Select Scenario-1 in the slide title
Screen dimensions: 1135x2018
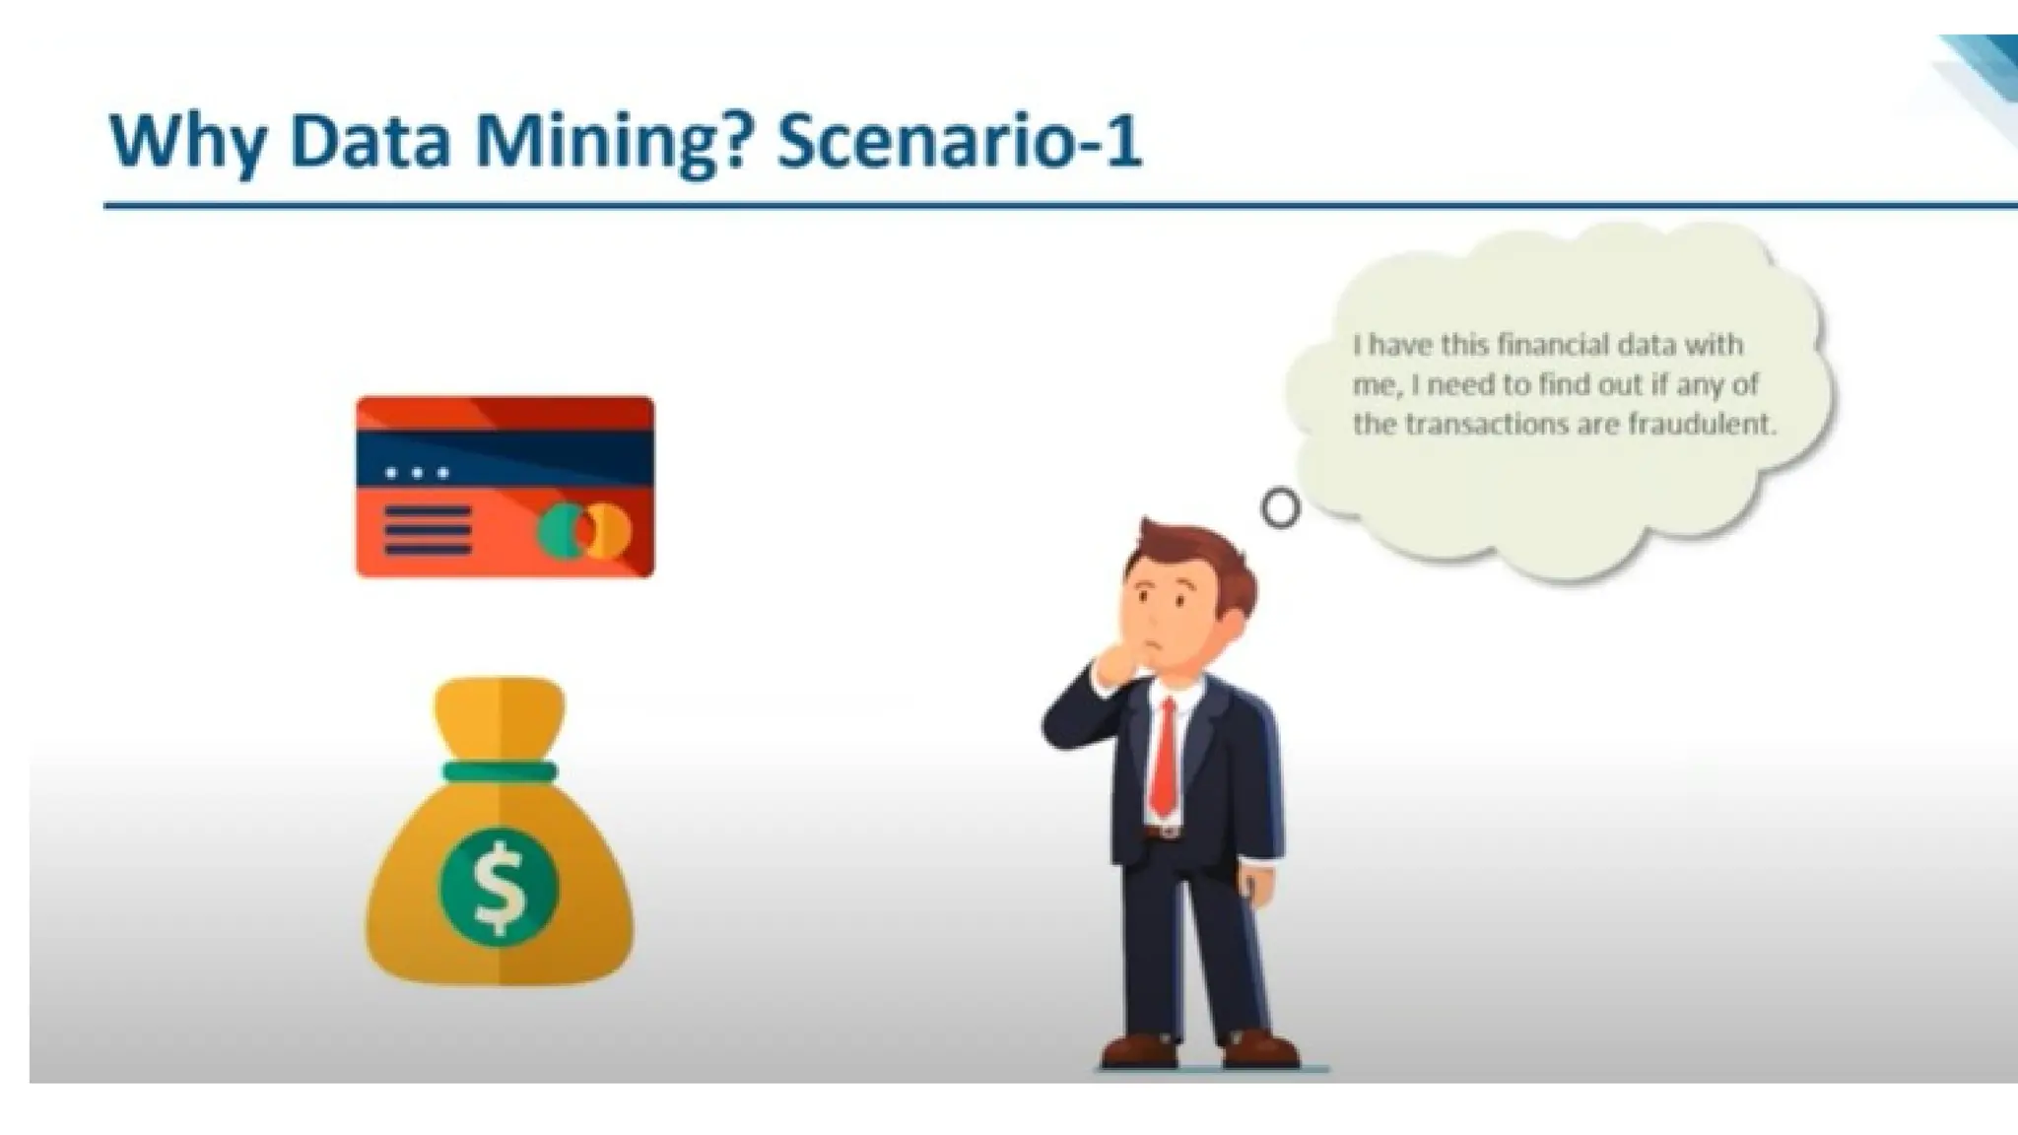point(959,140)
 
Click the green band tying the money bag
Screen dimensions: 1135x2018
point(500,771)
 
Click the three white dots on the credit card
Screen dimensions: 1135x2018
point(417,473)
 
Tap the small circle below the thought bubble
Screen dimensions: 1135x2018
point(1280,508)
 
